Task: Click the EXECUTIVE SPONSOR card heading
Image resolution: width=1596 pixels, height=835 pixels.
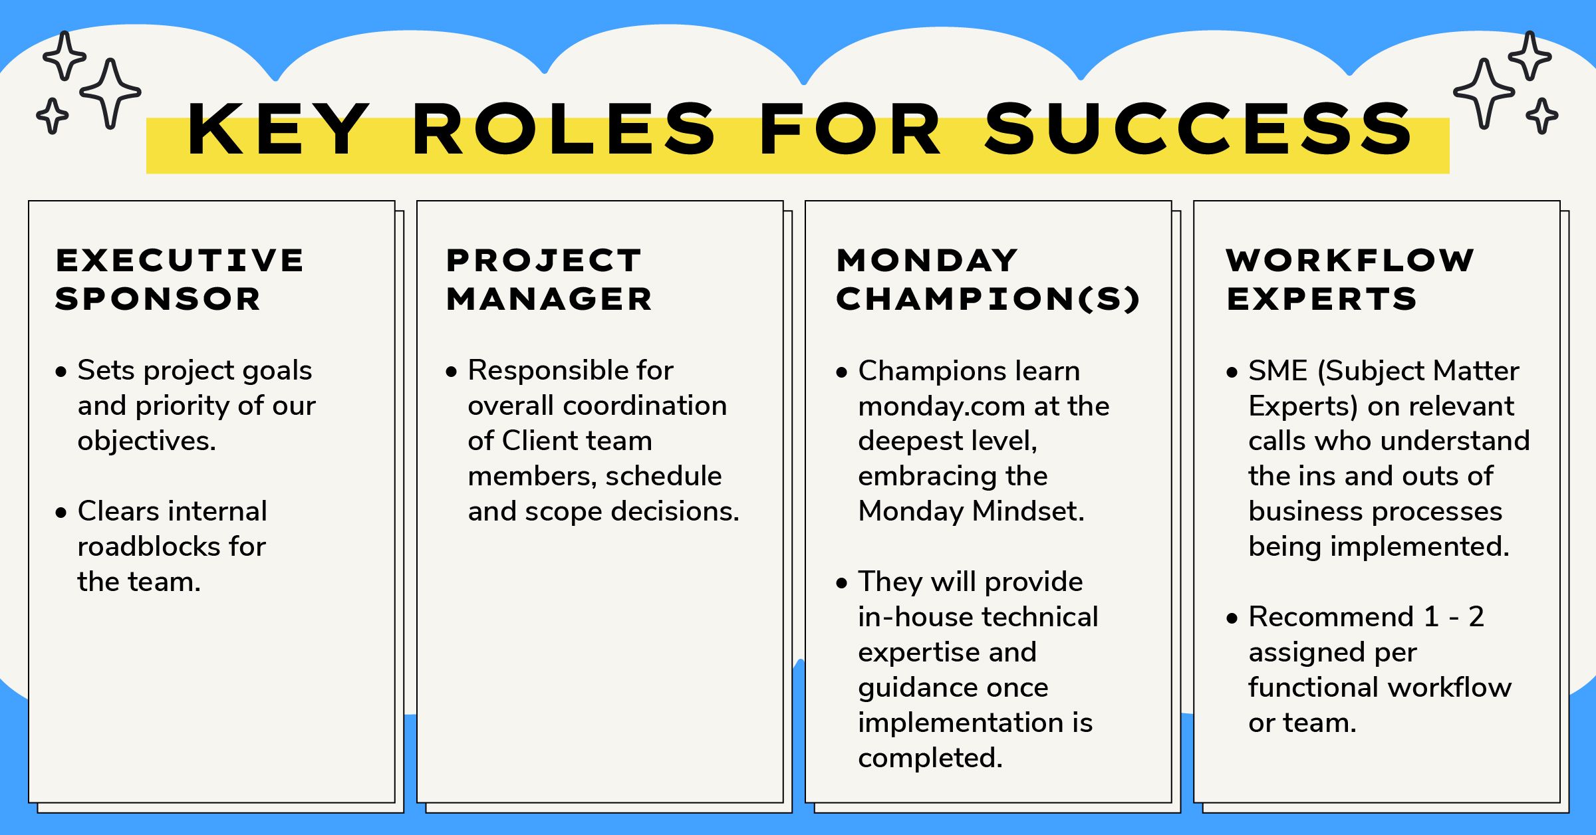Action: point(180,279)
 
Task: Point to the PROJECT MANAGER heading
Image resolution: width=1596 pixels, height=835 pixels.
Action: point(549,279)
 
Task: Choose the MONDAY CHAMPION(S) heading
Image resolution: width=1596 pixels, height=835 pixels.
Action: point(988,279)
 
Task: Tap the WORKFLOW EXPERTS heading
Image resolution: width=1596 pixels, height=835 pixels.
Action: point(1350,279)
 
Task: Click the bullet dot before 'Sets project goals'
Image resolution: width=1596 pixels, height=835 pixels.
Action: point(61,372)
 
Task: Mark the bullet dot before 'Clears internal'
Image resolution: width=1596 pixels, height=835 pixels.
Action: point(61,513)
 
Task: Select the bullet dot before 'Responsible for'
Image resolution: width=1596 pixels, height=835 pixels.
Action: point(452,372)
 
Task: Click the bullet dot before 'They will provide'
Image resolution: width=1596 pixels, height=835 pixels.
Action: point(842,584)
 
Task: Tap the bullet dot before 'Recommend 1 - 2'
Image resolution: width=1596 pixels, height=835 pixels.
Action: point(1232,619)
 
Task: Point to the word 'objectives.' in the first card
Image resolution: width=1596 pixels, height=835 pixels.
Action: point(147,441)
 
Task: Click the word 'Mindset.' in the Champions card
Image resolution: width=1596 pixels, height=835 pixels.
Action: point(1028,512)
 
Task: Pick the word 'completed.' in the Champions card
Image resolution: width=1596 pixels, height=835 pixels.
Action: point(930,759)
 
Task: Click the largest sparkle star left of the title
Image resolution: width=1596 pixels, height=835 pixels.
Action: point(110,92)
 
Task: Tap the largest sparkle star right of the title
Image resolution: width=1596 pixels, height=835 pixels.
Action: point(1484,92)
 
